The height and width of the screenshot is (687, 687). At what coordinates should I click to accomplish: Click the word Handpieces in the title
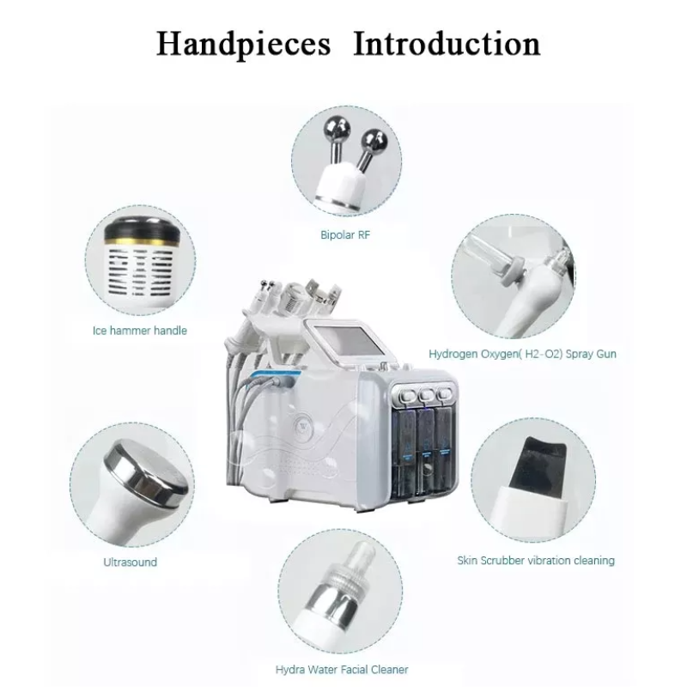tap(243, 43)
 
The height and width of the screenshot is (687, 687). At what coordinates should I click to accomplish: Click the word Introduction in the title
tap(447, 43)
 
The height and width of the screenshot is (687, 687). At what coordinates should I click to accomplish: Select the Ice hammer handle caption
tap(140, 330)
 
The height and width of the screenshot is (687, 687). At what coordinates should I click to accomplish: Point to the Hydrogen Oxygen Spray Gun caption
tap(522, 353)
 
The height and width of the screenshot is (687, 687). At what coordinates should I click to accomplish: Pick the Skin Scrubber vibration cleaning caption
tap(536, 561)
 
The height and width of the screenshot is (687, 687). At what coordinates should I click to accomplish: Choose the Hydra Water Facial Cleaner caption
tap(342, 669)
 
